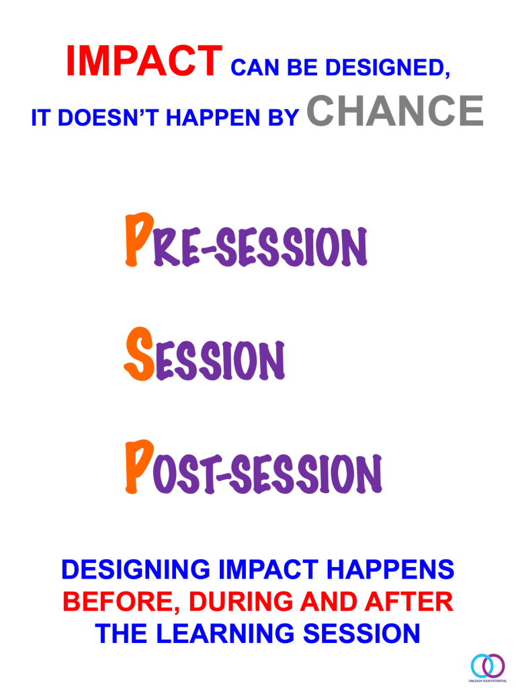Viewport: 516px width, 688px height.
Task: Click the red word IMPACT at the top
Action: point(144,61)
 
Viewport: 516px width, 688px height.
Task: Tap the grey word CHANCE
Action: point(395,110)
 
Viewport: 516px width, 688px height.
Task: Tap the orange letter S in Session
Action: point(139,354)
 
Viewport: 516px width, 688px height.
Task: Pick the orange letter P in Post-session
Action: point(139,467)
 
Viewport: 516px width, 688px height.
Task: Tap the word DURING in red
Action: point(241,601)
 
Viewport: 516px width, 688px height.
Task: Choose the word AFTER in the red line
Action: point(408,601)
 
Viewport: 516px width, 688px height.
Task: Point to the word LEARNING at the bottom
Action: point(225,634)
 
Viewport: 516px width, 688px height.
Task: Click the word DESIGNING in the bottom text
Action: point(136,569)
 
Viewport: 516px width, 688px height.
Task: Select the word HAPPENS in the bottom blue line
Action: point(390,569)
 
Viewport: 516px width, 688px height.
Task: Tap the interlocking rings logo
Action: point(487,666)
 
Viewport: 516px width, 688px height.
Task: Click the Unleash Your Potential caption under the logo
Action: point(488,681)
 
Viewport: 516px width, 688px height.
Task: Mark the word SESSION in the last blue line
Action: point(361,634)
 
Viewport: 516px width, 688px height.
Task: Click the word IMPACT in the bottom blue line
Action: point(268,569)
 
